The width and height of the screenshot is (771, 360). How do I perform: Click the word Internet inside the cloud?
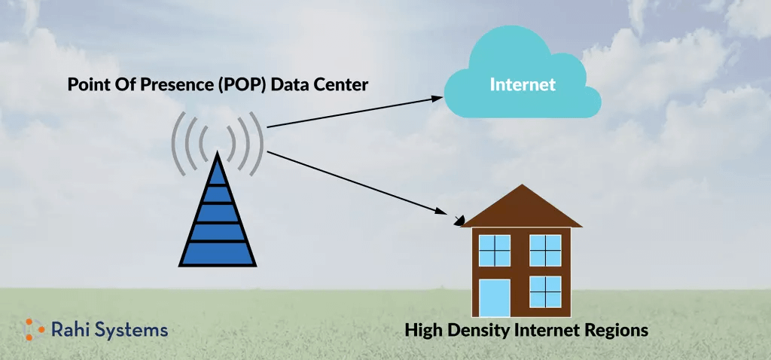coord(523,84)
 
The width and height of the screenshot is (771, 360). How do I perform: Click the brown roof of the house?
coord(521,207)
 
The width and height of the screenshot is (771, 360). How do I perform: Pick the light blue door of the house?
coord(495,297)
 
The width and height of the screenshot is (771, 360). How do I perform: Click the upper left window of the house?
coord(495,250)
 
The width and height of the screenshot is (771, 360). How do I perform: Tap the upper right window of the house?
coord(545,250)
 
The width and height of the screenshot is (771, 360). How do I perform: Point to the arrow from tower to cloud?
coord(354,112)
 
